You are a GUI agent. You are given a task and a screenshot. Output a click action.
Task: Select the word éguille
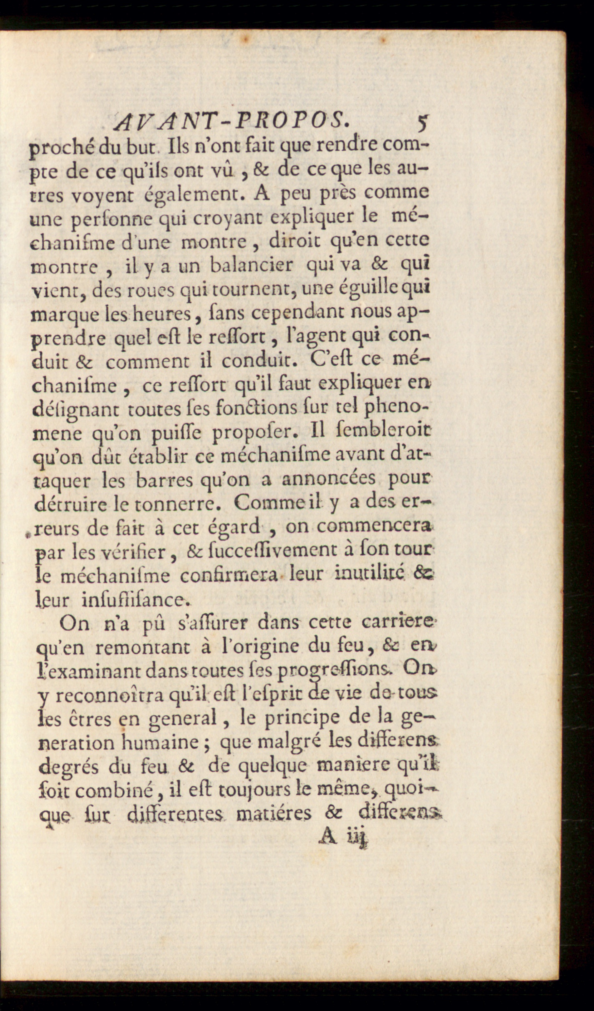[348, 289]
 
